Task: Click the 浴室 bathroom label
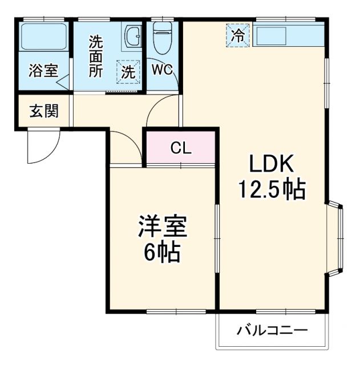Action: click(x=43, y=71)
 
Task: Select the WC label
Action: click(x=162, y=71)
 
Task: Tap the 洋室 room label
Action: click(x=162, y=228)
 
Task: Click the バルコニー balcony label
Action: click(x=272, y=330)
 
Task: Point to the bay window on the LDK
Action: click(x=336, y=238)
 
